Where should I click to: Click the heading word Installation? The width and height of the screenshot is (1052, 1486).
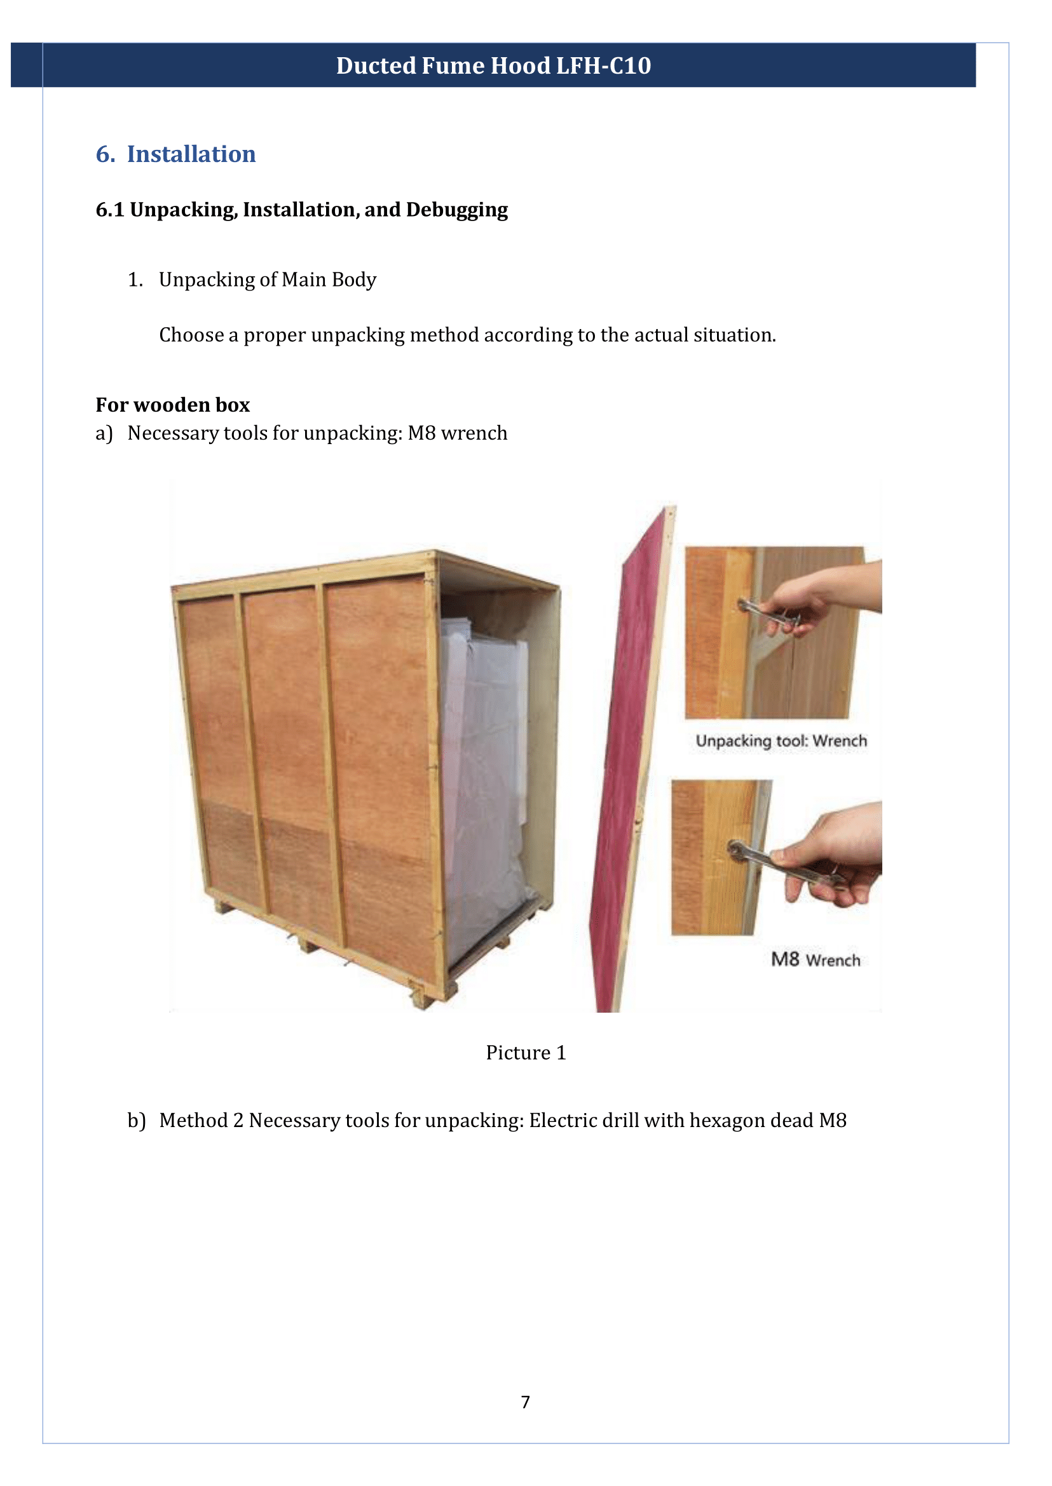click(191, 154)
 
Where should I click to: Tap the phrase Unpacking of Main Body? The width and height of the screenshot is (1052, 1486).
click(267, 280)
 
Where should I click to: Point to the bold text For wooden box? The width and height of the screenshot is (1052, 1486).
click(172, 405)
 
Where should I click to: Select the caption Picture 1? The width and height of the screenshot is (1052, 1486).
click(525, 1053)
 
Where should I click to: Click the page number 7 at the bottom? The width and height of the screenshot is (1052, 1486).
click(525, 1402)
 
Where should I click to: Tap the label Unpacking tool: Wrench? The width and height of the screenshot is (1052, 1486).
click(781, 741)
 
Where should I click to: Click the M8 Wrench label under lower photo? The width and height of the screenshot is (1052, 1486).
click(815, 959)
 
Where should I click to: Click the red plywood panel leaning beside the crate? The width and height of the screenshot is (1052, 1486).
click(625, 777)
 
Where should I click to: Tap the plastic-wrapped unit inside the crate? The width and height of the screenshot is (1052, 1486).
click(482, 777)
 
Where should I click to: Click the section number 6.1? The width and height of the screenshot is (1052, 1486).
click(109, 210)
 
